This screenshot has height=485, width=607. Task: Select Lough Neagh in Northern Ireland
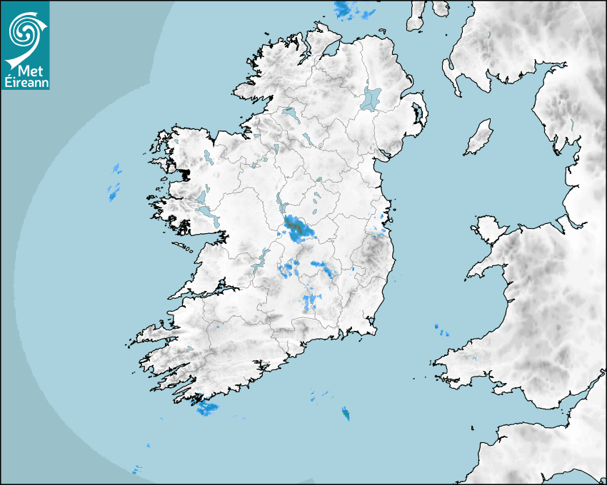371,98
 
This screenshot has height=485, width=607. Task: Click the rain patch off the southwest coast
206,408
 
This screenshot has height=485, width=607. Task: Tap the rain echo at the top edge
347,10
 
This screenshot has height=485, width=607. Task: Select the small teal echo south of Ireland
346,414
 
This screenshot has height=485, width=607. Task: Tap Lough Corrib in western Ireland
205,210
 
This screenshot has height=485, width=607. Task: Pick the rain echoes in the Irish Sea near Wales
439,329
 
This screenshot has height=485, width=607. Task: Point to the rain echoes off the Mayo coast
114,182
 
